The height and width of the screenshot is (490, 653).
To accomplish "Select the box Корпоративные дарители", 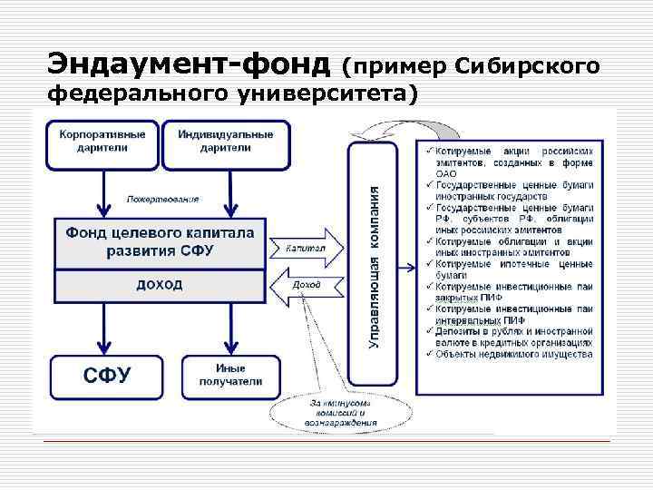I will tap(102, 142).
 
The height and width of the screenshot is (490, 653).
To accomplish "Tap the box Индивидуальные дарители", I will tap(225, 142).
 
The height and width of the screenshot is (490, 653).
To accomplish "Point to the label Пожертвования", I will tap(162, 199).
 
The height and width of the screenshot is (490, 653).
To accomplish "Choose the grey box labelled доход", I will tap(160, 285).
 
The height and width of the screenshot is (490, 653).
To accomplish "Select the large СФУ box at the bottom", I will tap(108, 375).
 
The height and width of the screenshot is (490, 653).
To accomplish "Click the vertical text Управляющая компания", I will tap(374, 264).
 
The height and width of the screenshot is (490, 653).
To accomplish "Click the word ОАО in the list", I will tap(447, 173).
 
